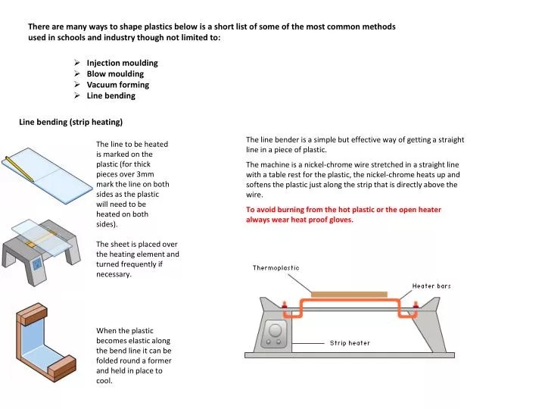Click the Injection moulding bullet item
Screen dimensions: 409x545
click(122, 63)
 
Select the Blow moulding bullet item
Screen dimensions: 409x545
click(115, 74)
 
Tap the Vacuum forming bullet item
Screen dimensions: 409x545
click(117, 85)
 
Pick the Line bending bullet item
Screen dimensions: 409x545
click(111, 96)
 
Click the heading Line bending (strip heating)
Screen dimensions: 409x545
click(70, 122)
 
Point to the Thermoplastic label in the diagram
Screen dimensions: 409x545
click(276, 268)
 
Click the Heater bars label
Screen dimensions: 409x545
click(431, 286)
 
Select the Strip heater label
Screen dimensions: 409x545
click(350, 343)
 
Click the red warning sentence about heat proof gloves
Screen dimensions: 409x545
click(344, 214)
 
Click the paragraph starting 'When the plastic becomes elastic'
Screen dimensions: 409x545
click(133, 356)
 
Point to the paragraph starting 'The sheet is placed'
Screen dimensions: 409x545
click(137, 259)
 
